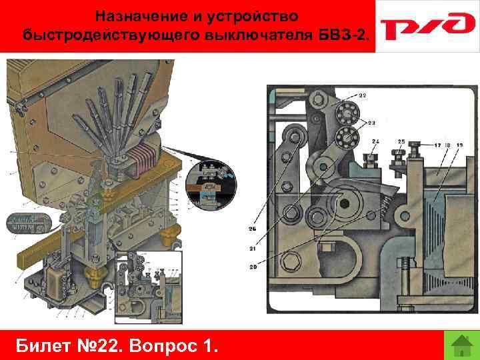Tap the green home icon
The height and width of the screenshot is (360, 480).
point(458,345)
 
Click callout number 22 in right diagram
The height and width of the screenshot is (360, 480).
point(363,95)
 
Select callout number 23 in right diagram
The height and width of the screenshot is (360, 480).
point(371,123)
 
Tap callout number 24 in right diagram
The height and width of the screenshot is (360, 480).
point(375,141)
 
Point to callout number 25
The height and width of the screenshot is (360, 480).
point(401,141)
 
